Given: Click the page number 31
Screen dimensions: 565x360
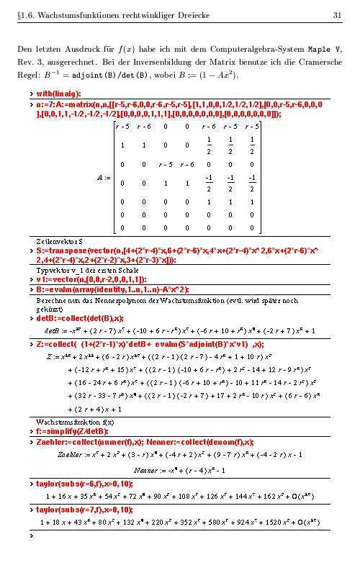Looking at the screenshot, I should pos(336,15).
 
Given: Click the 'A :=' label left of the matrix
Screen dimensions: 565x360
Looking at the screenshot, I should pos(104,176).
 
